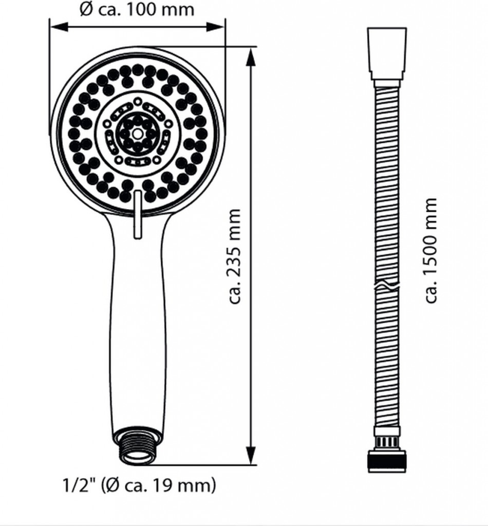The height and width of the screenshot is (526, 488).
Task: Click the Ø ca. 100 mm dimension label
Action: pos(137,9)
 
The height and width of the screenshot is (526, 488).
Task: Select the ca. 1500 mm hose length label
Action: pos(431,251)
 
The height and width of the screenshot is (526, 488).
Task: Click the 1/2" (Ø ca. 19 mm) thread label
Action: pos(140,485)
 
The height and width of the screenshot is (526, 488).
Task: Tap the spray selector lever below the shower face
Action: pos(137,215)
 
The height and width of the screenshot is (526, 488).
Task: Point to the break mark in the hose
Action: pos(387,286)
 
